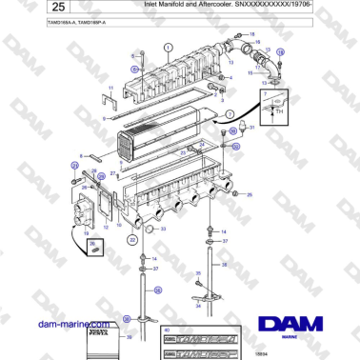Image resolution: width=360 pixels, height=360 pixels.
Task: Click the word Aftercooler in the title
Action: pos(205,5)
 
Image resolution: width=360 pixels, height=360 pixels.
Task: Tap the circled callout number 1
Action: pos(169,46)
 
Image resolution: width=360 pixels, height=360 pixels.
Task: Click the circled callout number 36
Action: pos(225,264)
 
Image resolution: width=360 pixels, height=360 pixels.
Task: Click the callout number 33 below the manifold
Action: pos(162,229)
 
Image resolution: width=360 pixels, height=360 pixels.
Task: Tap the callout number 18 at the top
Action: pos(253,34)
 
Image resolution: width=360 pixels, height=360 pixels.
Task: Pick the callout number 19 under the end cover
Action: pos(87,231)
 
